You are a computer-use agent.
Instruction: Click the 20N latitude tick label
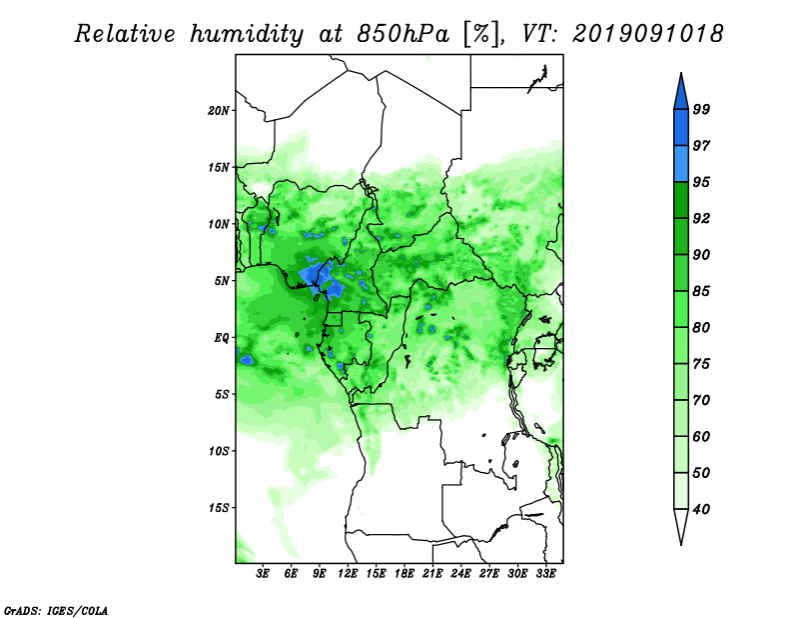coord(219,110)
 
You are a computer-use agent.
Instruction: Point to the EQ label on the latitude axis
coord(221,337)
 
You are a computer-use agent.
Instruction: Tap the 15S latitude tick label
coord(219,508)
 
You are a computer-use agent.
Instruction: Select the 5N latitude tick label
coord(222,281)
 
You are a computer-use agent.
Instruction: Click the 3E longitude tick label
coord(263,573)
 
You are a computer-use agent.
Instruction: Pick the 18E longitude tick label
coord(404,573)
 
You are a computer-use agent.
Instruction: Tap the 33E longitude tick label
coord(545,573)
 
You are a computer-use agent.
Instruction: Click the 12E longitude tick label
coord(348,573)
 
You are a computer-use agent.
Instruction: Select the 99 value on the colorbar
coord(701,109)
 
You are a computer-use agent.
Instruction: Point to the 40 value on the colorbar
coord(701,509)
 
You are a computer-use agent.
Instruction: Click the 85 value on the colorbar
coord(701,291)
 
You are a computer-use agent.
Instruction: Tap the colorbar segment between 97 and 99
coord(681,128)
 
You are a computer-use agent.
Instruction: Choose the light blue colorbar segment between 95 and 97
coord(681,164)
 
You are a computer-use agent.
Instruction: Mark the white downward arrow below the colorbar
coord(681,527)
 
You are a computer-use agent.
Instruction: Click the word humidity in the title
coord(247,34)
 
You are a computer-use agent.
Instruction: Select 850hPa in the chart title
coord(402,34)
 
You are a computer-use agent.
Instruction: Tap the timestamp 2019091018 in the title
coord(647,34)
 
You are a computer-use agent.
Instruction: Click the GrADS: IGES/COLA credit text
coord(56,610)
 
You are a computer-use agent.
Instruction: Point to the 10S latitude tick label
coord(219,451)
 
